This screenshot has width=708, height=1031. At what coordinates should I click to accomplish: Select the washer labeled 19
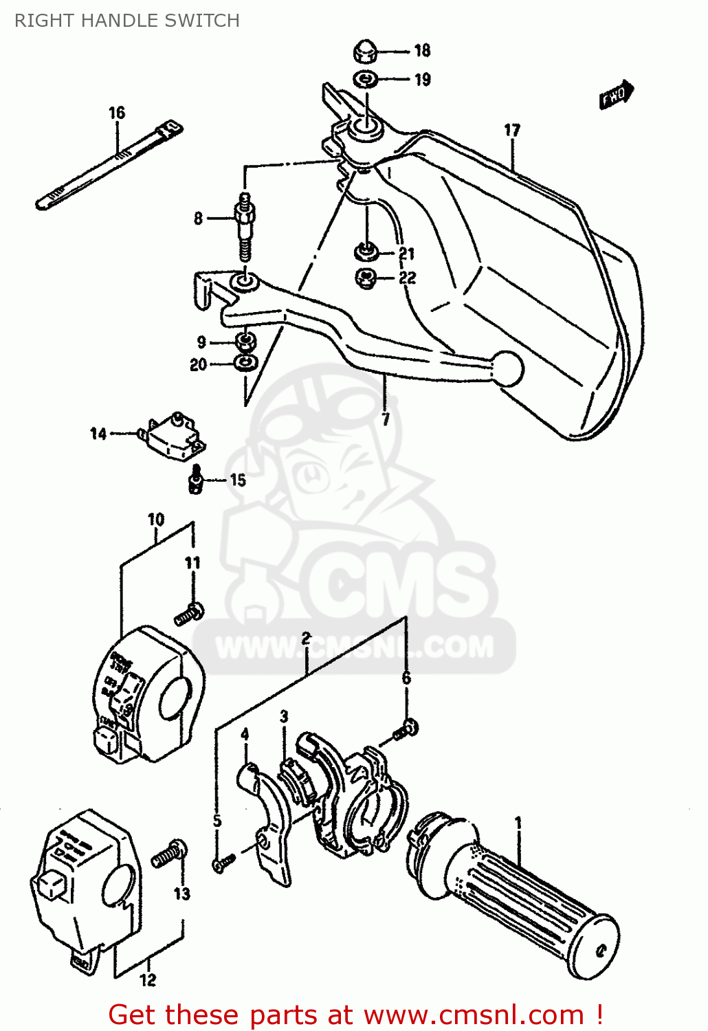(365, 80)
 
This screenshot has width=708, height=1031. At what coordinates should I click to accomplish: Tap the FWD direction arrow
(615, 95)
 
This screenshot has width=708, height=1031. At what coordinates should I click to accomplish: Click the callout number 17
(512, 130)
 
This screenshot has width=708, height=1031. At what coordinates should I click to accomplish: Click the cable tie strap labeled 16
(110, 163)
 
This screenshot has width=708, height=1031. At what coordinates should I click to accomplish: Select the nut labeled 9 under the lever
(244, 341)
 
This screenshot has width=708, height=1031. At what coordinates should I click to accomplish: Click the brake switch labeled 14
(172, 436)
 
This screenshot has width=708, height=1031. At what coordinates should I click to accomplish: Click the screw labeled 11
(189, 613)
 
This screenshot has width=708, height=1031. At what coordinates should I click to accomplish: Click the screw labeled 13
(169, 854)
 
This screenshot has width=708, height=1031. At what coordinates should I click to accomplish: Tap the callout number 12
(148, 980)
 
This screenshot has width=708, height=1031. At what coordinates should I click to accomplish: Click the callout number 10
(156, 520)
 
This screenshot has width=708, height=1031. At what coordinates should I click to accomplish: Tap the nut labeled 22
(366, 278)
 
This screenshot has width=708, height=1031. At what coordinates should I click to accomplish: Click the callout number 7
(386, 419)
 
